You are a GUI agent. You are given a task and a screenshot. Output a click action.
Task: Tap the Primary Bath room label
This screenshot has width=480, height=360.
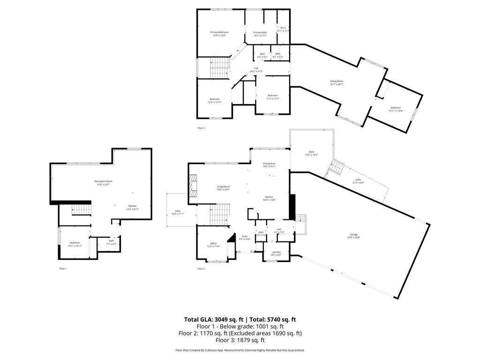260,32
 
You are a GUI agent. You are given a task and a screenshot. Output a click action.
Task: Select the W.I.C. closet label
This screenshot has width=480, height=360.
283,28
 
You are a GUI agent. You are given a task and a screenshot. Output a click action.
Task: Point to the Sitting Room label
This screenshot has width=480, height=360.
337,82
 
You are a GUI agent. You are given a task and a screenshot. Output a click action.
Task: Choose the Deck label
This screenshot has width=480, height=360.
311,152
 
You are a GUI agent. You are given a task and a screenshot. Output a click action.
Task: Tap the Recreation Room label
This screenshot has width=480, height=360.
103,181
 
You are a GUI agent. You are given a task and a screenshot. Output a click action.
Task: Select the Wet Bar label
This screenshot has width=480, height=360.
133,206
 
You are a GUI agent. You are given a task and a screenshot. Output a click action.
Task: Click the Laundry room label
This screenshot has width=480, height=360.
276,252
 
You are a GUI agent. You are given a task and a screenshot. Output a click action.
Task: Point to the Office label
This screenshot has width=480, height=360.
213,244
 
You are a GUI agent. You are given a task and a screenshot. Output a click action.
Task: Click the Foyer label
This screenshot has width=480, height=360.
245,236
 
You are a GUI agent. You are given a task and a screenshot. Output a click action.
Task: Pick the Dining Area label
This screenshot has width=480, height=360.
269,163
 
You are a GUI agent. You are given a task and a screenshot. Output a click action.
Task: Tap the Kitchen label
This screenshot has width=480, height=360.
269,197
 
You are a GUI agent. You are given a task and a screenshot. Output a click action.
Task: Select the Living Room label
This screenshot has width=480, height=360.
223,187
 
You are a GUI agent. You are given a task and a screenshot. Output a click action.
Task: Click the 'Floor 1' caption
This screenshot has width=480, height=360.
63,269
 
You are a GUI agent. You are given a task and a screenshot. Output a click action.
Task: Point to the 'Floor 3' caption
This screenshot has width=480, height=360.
201,127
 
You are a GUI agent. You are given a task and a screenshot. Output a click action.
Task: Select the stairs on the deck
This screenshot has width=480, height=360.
337,166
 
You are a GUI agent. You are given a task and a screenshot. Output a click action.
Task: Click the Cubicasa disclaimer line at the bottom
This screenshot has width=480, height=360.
240,350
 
